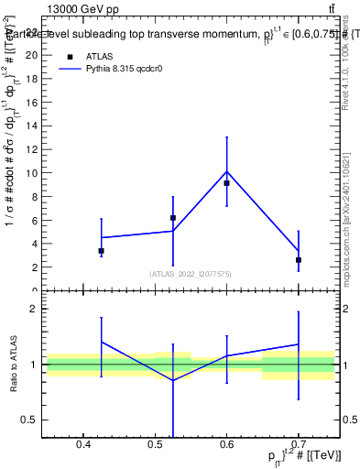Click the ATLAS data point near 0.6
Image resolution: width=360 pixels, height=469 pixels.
[226, 183]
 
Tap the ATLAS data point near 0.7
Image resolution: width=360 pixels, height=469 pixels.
[299, 260]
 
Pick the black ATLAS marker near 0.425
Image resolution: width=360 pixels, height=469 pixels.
[101, 251]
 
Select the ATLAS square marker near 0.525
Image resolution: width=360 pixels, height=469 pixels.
[173, 218]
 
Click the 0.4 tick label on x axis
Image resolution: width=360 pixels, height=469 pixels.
[82, 446]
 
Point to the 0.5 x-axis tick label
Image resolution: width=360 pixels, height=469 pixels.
[155, 446]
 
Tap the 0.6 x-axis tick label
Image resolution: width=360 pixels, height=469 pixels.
[226, 446]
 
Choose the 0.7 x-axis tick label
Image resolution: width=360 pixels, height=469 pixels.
[299, 446]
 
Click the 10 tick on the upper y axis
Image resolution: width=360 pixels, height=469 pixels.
[31, 172]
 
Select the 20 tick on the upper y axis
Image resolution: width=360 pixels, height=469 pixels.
[31, 55]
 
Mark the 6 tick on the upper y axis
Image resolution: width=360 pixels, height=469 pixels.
[34, 220]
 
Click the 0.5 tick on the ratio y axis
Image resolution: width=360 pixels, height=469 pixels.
[29, 420]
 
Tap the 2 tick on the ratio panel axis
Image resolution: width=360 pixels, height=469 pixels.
[34, 309]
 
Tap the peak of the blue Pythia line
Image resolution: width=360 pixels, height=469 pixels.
[226, 171]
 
